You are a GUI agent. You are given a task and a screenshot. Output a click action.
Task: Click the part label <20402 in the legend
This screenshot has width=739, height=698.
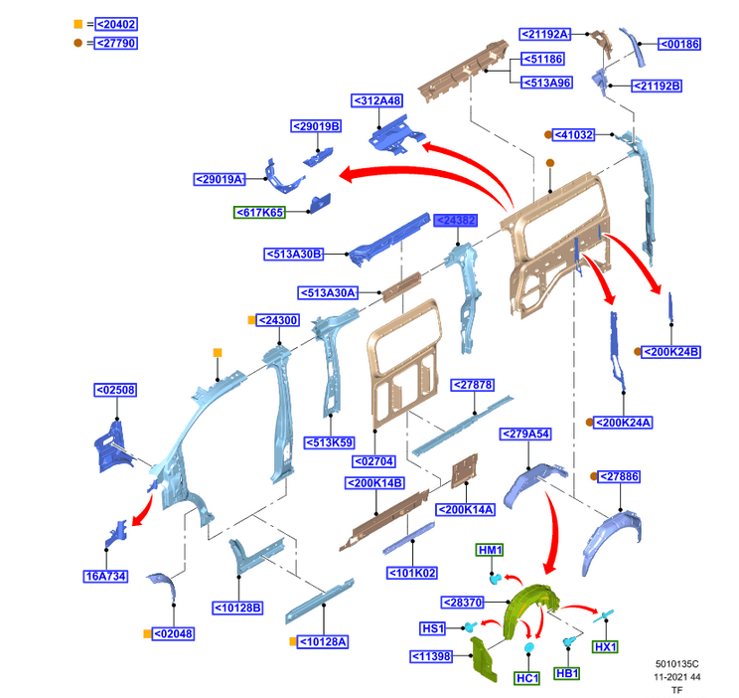(x=115, y=24)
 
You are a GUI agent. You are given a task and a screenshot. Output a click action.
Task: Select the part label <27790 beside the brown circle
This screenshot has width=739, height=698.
(x=115, y=43)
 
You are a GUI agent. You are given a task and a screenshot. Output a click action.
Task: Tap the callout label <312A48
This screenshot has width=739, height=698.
(x=376, y=100)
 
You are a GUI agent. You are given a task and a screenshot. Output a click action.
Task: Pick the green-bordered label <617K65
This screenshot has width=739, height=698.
(x=259, y=212)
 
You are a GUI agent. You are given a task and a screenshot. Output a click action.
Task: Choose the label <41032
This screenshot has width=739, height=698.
(x=574, y=134)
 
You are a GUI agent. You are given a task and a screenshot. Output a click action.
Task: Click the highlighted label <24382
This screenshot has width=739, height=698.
(x=455, y=221)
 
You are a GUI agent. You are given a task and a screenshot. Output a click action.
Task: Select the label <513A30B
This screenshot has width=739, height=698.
(x=294, y=254)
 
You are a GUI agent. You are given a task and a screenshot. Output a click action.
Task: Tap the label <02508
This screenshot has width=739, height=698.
(x=114, y=391)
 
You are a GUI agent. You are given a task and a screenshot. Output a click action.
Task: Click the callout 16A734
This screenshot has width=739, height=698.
(x=105, y=576)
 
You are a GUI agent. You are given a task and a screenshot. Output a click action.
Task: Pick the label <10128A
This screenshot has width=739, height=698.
(x=322, y=641)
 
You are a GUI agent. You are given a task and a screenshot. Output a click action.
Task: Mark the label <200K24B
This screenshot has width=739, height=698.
(x=672, y=352)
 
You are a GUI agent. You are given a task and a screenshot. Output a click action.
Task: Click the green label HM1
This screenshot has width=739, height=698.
(x=491, y=550)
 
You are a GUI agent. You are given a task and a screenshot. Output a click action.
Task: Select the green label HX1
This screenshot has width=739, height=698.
(x=605, y=646)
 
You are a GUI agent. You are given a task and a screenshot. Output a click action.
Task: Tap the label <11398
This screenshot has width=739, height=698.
(x=434, y=656)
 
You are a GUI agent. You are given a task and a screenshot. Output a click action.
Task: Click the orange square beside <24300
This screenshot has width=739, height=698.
(x=252, y=320)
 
